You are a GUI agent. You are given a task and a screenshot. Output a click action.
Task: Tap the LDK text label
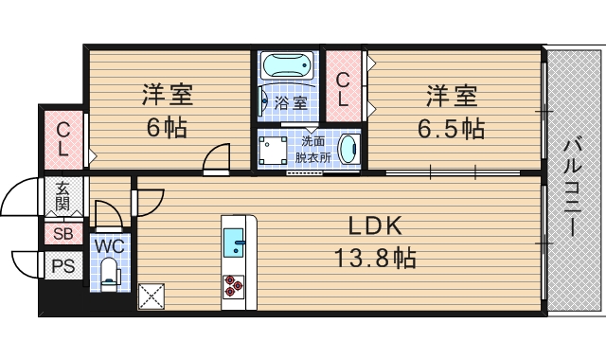(x=376, y=226)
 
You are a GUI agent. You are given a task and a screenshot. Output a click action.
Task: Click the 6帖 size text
(x=167, y=128)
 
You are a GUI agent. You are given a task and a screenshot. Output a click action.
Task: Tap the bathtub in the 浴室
(x=288, y=67)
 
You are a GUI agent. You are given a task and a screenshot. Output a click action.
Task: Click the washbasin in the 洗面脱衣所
(x=348, y=150)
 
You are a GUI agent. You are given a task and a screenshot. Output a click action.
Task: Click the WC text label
(x=109, y=244)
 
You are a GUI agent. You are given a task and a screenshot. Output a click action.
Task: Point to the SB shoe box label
(x=62, y=234)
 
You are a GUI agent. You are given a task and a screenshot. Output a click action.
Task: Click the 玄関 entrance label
(x=62, y=197)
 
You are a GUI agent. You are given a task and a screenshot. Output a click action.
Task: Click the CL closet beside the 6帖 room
(x=62, y=139)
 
